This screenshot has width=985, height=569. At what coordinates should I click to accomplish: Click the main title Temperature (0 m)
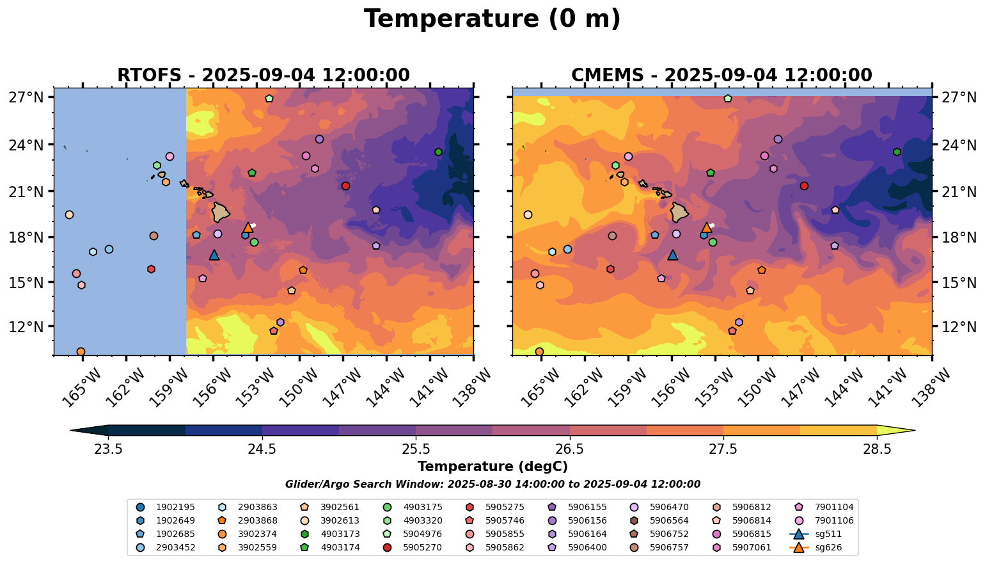tap(492, 19)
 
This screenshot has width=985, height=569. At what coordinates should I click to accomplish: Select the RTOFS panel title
tap(263, 76)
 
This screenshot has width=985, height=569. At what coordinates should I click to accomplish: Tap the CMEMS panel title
tap(721, 76)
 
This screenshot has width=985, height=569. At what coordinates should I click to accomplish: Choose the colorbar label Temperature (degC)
tap(492, 467)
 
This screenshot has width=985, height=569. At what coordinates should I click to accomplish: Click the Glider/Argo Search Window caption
tap(492, 485)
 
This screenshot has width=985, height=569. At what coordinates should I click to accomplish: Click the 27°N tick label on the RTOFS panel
tap(26, 97)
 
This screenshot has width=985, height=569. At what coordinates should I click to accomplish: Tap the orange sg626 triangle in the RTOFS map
tap(248, 227)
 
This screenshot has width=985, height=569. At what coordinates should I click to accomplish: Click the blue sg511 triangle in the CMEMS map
tap(672, 255)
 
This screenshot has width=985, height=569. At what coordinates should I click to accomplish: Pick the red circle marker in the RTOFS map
tap(345, 186)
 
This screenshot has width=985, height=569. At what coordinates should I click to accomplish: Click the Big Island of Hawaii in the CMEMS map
tap(680, 211)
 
